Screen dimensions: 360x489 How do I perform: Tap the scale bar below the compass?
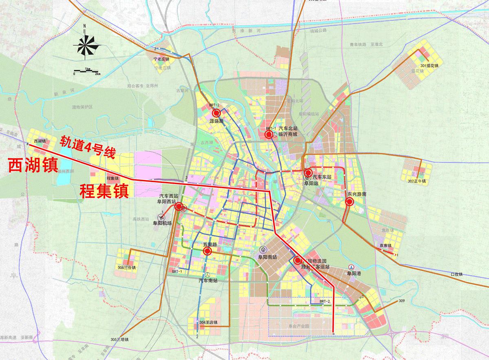pyautogui.click(x=86, y=71)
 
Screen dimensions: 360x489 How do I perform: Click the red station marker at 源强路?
pyautogui.click(x=216, y=113)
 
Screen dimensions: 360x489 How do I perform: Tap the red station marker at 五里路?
pyautogui.click(x=207, y=252)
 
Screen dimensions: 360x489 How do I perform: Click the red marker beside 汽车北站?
pyautogui.click(x=269, y=135)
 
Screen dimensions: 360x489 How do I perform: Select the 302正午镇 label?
pyautogui.click(x=416, y=181)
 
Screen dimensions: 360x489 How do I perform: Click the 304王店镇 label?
pyautogui.click(x=209, y=323)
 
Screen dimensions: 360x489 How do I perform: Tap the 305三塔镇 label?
pyautogui.click(x=119, y=340)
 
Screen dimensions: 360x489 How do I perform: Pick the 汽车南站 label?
pyautogui.click(x=208, y=281)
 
